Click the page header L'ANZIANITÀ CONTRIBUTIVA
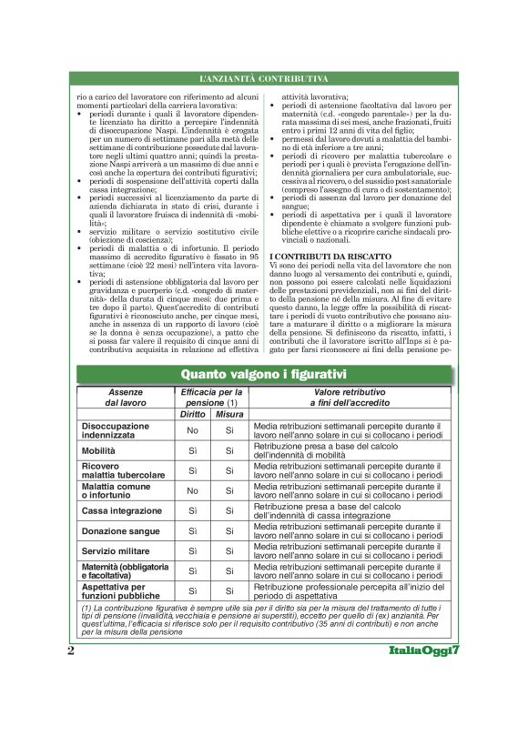(x=263, y=81)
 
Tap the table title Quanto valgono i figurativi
(x=263, y=373)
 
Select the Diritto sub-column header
(x=192, y=413)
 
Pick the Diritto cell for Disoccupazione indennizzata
(x=192, y=430)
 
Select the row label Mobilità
(x=98, y=450)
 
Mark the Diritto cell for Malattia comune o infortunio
(x=192, y=490)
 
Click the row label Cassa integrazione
(x=121, y=510)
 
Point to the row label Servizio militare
(x=117, y=551)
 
